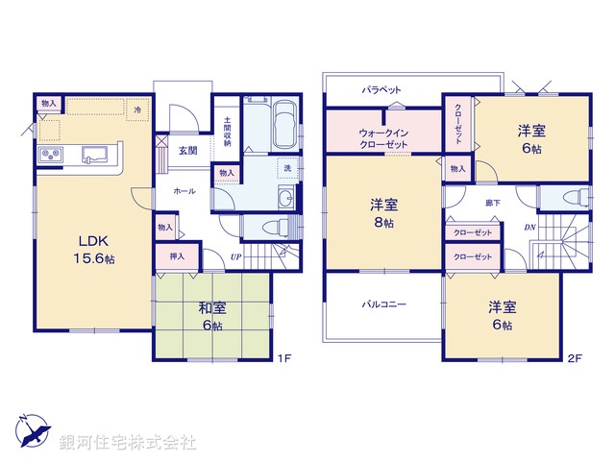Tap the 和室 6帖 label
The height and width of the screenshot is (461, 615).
tap(212, 316)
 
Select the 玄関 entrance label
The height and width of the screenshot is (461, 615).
tap(187, 150)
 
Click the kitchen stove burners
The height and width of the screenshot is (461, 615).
tap(50, 155)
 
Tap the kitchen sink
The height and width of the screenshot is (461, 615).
tap(96, 154)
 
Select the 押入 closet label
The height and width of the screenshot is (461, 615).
tap(177, 256)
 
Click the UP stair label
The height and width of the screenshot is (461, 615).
tap(234, 256)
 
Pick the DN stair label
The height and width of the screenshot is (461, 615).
tap(529, 227)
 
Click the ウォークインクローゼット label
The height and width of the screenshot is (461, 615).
tap(383, 137)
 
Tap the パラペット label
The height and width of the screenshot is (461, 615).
tap(381, 89)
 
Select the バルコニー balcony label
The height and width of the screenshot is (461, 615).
tap(383, 304)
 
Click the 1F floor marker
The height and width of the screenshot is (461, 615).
tap(283, 360)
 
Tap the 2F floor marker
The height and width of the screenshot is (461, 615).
tap(575, 360)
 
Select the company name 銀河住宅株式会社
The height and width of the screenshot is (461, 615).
tap(129, 442)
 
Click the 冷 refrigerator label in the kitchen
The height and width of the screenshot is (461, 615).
tap(138, 110)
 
